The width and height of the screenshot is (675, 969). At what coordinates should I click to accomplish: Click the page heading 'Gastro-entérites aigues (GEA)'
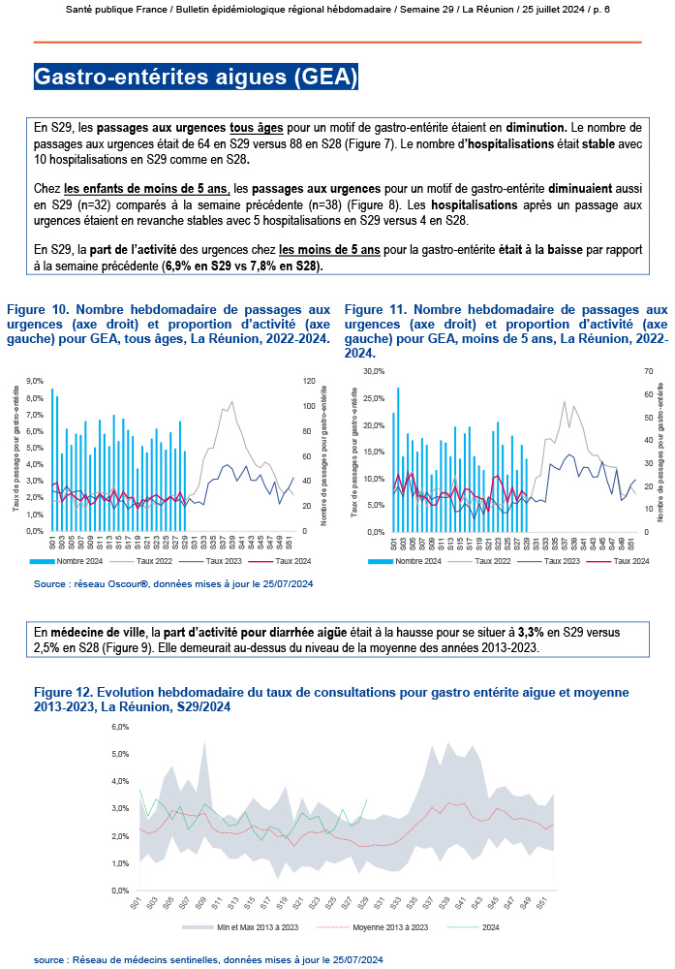point(196,77)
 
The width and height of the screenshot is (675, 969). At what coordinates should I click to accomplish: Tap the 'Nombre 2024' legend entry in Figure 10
point(79,561)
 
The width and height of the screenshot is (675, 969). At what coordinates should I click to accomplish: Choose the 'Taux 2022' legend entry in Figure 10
point(152,561)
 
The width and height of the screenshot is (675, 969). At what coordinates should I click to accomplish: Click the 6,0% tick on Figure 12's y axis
point(121,726)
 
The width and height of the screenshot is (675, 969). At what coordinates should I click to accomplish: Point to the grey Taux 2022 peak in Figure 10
point(230,401)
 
